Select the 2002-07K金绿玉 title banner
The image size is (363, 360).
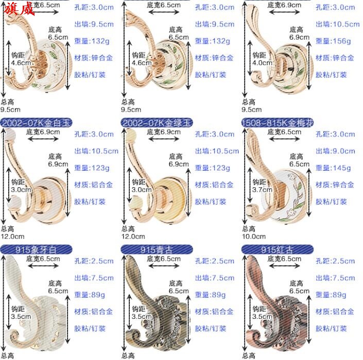pyautogui.click(x=157, y=123)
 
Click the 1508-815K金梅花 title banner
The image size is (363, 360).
pyautogui.click(x=277, y=123)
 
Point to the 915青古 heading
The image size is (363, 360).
pyautogui.click(x=157, y=250)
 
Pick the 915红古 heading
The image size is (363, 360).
pyautogui.click(x=277, y=250)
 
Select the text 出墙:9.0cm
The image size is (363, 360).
pyautogui.click(x=335, y=151)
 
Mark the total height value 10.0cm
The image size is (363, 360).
pyautogui.click(x=254, y=237)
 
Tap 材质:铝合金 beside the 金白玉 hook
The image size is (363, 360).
pyautogui.click(x=93, y=185)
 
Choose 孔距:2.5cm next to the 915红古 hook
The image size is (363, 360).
pyautogui.click(x=335, y=261)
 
